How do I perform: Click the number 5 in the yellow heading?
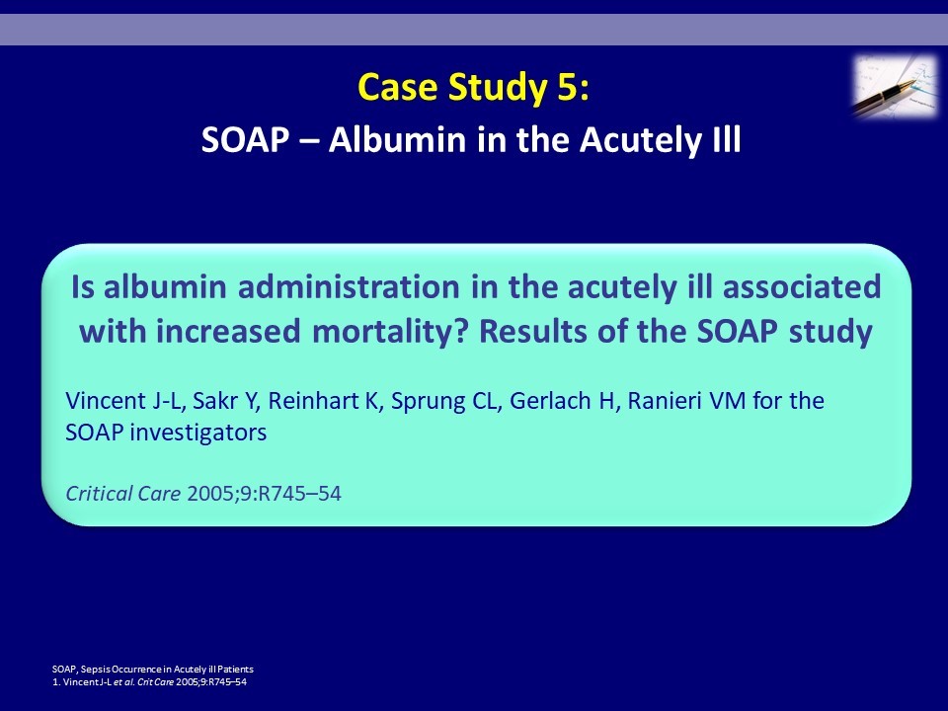pos(567,87)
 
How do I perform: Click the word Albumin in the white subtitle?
pos(397,139)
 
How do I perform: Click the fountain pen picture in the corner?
pos(896,85)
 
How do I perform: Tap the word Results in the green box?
pos(533,332)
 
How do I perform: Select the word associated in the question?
pos(802,286)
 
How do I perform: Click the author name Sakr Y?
pos(224,401)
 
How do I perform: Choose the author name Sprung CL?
pos(443,402)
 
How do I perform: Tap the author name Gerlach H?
pos(562,401)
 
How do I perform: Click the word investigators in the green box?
pos(198,433)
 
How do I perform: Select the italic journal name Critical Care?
pos(122,494)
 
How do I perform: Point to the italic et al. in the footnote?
pos(124,682)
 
